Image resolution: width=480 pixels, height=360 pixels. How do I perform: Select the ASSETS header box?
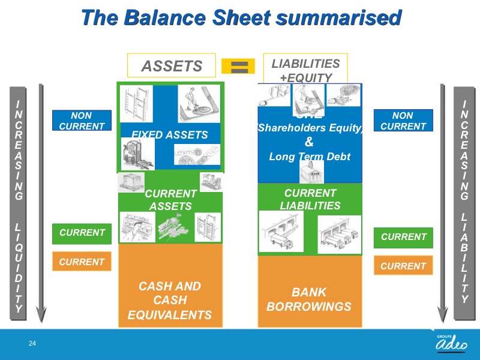[x=172, y=66]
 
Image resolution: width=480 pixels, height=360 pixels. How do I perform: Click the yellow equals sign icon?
[x=239, y=66]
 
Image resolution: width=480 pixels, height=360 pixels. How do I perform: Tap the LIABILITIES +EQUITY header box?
[x=305, y=69]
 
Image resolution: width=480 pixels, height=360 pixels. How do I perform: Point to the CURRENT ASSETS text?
[x=170, y=200]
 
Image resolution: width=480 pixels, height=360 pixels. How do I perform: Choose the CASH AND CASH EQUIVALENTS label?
[x=170, y=300]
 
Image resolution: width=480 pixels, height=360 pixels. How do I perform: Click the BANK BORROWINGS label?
[x=309, y=299]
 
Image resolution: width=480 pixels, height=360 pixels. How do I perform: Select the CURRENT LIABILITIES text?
[x=310, y=199]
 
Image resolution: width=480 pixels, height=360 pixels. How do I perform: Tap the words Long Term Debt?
[x=310, y=157]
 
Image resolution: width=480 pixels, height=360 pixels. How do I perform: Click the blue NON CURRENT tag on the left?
[x=82, y=121]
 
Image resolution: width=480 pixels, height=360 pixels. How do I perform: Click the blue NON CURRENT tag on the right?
[x=403, y=121]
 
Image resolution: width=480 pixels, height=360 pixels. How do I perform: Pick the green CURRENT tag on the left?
[x=82, y=233]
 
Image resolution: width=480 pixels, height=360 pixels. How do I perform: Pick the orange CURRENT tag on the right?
[x=403, y=265]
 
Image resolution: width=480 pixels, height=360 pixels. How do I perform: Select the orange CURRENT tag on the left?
[x=82, y=262]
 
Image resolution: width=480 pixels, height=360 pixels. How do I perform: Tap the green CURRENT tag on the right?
[x=403, y=237]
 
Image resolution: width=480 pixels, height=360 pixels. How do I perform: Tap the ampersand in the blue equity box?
[x=310, y=142]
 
